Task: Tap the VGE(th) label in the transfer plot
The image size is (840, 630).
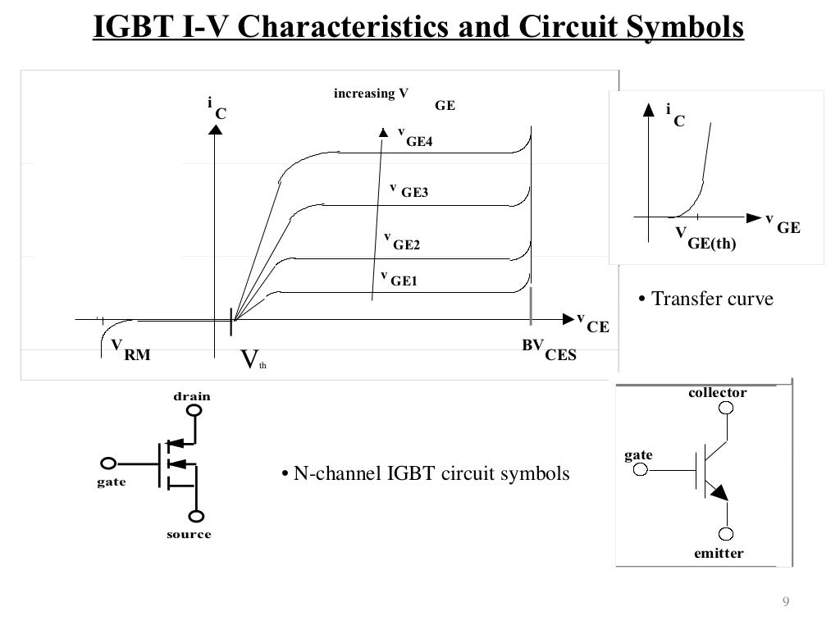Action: [705, 239]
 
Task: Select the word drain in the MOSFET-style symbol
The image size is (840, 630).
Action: [191, 396]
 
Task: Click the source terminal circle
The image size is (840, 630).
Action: [196, 516]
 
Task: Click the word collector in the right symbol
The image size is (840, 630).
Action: [717, 392]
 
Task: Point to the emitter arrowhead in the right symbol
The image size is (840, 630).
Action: [718, 491]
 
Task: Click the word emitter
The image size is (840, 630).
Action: [718, 553]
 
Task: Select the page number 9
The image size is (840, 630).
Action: [785, 603]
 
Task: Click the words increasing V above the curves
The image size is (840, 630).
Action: [371, 94]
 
